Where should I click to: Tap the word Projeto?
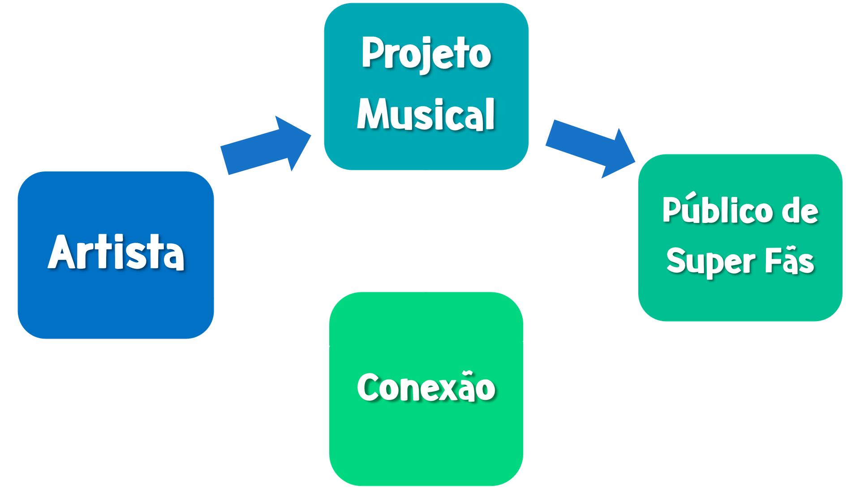(426, 54)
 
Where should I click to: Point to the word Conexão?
(426, 388)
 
